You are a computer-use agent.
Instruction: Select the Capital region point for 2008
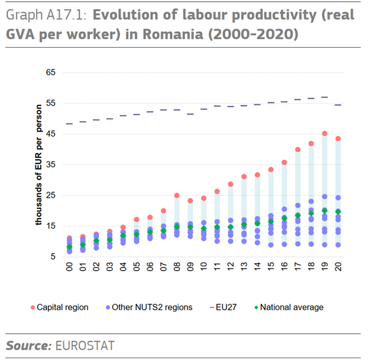pyautogui.click(x=177, y=196)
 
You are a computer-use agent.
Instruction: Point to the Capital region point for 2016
pyautogui.click(x=284, y=163)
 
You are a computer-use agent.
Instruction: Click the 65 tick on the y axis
pyautogui.click(x=50, y=73)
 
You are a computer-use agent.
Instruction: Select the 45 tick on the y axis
pyautogui.click(x=50, y=134)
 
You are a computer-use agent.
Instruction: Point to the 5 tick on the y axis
pyautogui.click(x=53, y=257)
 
